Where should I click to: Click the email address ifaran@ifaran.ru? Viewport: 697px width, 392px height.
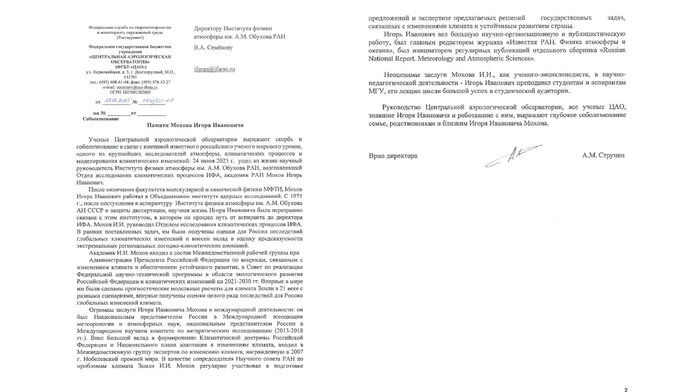tap(214, 70)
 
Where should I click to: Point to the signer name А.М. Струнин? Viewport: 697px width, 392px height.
tap(604, 156)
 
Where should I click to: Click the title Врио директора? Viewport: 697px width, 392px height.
tap(393, 156)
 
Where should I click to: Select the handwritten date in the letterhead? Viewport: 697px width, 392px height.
tap(117, 101)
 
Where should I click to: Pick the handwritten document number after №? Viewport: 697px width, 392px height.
tap(154, 101)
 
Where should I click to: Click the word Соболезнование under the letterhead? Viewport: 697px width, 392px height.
tap(100, 118)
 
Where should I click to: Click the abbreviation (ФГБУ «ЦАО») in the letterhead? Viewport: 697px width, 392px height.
tap(130, 66)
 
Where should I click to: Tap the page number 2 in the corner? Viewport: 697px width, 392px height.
tap(626, 389)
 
